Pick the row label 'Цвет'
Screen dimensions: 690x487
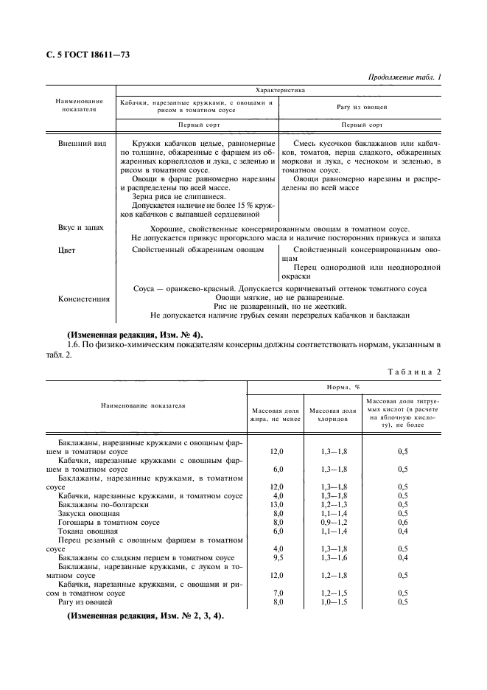tap(67, 251)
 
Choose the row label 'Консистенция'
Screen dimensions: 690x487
tap(83, 299)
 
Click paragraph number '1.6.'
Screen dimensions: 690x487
tap(74, 345)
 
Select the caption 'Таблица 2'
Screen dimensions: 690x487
tap(413, 371)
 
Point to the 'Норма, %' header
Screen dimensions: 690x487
tap(343, 386)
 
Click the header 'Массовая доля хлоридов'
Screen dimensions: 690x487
tap(332, 414)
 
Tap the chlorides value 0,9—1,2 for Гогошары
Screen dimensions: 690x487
tap(332, 522)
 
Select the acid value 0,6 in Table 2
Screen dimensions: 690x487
tap(403, 522)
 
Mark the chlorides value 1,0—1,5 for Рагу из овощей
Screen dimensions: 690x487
tap(332, 602)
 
